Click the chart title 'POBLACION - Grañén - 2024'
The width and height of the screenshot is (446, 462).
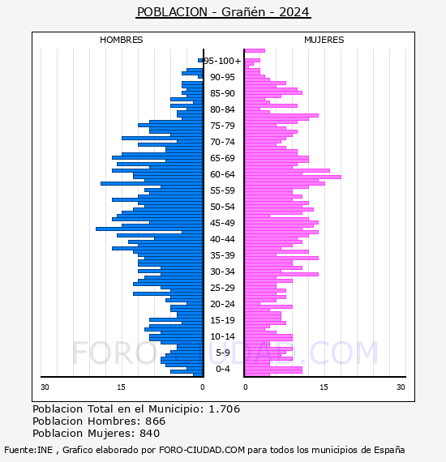[x=223, y=12]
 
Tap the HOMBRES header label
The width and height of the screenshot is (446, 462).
[x=121, y=40]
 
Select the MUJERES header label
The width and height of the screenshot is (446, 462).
[x=324, y=40]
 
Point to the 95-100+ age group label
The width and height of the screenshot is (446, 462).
[x=222, y=61]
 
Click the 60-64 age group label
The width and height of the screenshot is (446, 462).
[x=222, y=174]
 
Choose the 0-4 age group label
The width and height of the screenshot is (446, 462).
[x=222, y=369]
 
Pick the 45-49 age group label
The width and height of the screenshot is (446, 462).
[x=222, y=223]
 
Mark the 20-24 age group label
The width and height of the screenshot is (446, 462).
[x=222, y=304]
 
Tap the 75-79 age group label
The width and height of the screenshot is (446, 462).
[x=222, y=126]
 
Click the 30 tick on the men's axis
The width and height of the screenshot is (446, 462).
[x=45, y=387]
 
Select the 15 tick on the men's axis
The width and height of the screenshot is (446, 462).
[x=121, y=387]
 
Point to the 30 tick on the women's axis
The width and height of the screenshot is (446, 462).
[x=401, y=387]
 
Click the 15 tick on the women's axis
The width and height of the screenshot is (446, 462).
[x=324, y=387]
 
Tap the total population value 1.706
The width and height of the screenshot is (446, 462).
[x=225, y=409]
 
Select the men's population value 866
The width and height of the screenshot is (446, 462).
[x=156, y=421]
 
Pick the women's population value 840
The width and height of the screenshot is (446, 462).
[x=149, y=433]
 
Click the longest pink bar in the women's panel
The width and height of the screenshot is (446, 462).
[x=293, y=177]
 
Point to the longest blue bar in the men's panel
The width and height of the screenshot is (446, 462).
[x=149, y=229]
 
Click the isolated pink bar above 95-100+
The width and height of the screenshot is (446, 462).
[x=255, y=51]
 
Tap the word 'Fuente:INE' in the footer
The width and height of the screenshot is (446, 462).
[x=28, y=450]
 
